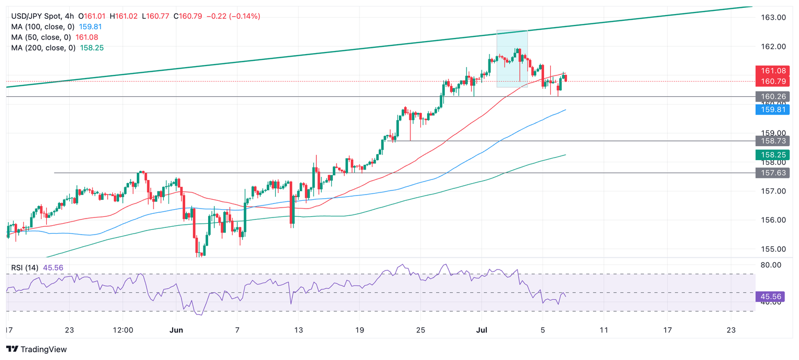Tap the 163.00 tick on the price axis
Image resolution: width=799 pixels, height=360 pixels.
coord(772,17)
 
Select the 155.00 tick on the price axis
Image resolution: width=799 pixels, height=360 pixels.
coord(772,249)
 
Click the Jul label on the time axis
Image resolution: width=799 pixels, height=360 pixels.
coord(481,330)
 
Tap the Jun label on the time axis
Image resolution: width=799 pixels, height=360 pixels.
coord(177,330)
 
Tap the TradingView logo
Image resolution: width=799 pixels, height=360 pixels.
coord(36,350)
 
